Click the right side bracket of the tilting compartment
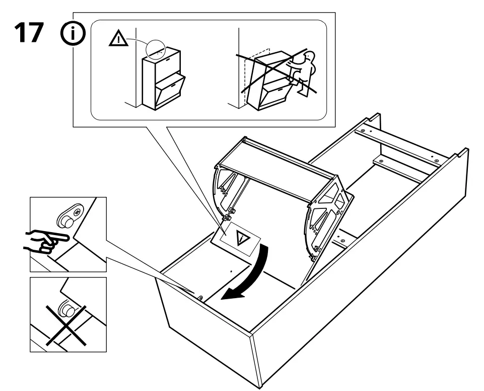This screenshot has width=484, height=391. point(328,217)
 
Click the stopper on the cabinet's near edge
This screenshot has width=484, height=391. point(200,298)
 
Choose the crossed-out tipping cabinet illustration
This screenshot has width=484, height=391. point(274,76)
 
